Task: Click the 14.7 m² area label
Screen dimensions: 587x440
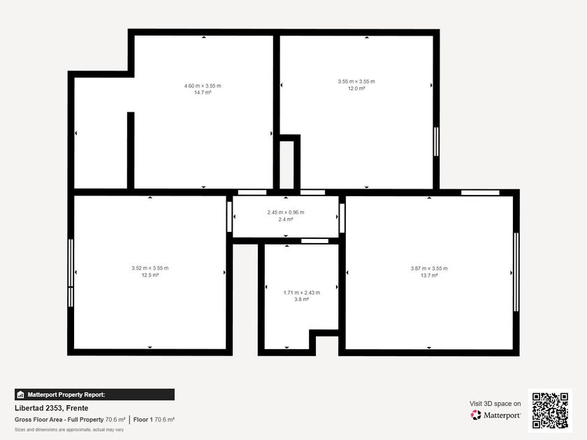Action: click(x=203, y=92)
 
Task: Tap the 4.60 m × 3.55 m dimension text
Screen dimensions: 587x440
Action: click(x=203, y=86)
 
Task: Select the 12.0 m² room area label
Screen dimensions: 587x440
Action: click(x=356, y=88)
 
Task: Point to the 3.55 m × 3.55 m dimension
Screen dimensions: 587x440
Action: click(x=356, y=81)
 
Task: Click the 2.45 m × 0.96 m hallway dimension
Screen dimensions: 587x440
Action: click(x=286, y=212)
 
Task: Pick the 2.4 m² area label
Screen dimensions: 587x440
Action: click(x=286, y=219)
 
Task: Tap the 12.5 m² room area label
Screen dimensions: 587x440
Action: click(x=150, y=275)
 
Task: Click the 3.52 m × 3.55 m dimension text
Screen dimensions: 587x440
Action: click(x=150, y=268)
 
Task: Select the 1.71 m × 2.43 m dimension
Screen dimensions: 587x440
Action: click(x=302, y=293)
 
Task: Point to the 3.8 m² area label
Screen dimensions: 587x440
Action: click(x=302, y=300)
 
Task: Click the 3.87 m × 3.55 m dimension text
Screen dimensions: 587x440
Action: click(x=429, y=268)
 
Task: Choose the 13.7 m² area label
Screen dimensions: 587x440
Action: click(x=429, y=275)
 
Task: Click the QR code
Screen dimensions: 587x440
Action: click(x=551, y=411)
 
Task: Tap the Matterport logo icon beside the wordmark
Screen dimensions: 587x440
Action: click(x=476, y=415)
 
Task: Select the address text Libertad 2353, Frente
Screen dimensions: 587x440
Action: click(x=52, y=408)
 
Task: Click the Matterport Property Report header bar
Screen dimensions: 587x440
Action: click(x=94, y=395)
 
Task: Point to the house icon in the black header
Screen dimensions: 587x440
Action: click(x=20, y=395)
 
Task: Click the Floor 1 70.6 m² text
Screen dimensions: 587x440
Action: click(x=154, y=420)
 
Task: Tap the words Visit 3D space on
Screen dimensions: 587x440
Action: click(x=495, y=404)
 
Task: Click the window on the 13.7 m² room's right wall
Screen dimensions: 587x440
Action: click(x=516, y=272)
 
